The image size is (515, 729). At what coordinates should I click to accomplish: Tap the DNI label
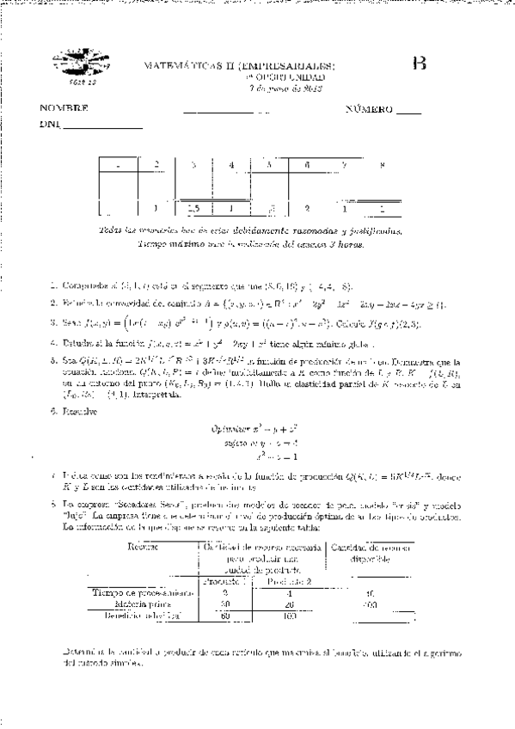[49, 126]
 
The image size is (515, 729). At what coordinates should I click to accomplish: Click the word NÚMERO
[369, 109]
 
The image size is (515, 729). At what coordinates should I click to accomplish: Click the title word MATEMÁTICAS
[178, 65]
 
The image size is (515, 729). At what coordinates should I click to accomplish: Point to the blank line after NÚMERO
[410, 113]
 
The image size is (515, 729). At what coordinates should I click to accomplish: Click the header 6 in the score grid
[306, 164]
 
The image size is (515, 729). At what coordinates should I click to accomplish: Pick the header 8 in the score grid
[382, 164]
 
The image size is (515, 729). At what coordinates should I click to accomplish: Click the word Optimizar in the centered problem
[228, 426]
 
